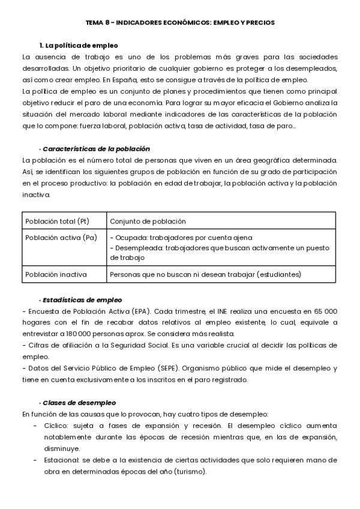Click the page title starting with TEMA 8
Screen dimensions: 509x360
tap(179, 22)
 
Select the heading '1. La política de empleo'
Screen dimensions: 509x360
tap(78, 46)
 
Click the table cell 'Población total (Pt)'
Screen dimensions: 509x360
tap(57, 221)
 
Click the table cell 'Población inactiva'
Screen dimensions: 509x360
tap(56, 274)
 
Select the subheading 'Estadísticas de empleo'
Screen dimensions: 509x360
tap(82, 300)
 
